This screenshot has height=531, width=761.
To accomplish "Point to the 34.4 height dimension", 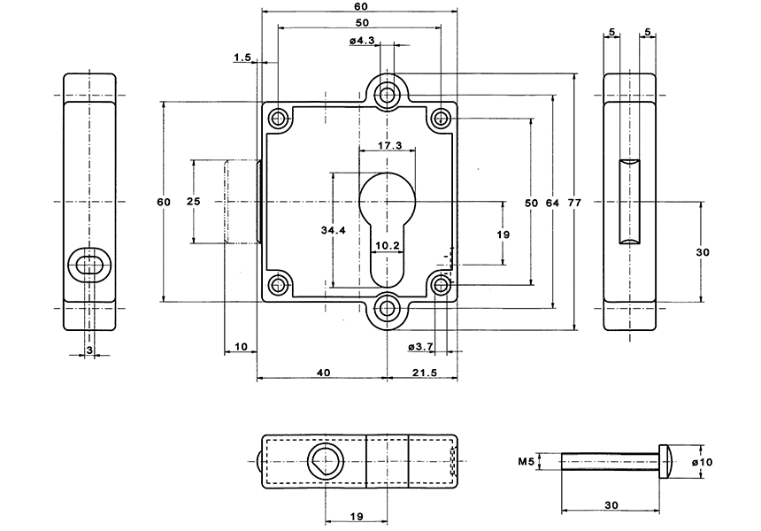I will click(333, 230).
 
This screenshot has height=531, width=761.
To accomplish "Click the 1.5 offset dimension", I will click(242, 58).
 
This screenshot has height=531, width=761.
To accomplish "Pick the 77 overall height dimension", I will click(574, 203).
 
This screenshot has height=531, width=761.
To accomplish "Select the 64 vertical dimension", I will click(552, 203).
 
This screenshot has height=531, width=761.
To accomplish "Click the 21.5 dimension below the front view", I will click(424, 373).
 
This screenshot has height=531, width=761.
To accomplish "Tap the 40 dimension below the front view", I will click(322, 373).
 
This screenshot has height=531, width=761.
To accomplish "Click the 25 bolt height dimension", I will click(193, 202).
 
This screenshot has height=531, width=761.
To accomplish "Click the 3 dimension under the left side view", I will click(88, 351).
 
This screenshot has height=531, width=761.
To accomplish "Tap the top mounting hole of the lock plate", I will click(387, 93).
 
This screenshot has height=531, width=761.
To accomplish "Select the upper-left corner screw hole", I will click(280, 118).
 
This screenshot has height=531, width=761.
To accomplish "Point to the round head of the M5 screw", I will click(668, 461).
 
